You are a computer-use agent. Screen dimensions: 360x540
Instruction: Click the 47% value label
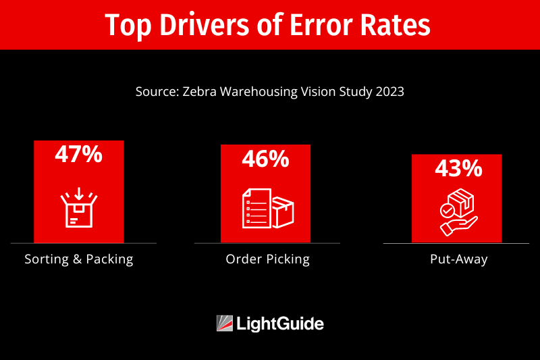click(x=78, y=155)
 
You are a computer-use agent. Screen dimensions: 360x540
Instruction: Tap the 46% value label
click(x=265, y=159)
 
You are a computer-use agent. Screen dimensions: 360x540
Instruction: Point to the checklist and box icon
click(x=268, y=208)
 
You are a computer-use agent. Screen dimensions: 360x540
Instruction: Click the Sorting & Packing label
click(x=79, y=259)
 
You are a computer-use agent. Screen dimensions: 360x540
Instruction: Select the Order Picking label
click(x=268, y=259)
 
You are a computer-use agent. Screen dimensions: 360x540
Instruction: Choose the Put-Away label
click(x=458, y=259)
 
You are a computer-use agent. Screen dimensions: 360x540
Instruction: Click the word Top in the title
click(x=126, y=26)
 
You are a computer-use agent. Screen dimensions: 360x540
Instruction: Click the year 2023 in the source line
click(x=389, y=92)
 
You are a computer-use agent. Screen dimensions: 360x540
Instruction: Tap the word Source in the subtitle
click(x=156, y=92)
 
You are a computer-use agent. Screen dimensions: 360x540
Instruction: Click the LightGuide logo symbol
click(x=225, y=324)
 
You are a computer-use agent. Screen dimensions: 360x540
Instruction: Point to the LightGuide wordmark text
click(x=280, y=324)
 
